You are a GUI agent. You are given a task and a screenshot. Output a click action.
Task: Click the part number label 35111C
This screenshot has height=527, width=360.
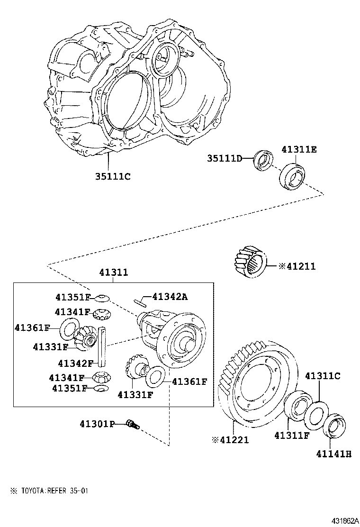[x=112, y=176]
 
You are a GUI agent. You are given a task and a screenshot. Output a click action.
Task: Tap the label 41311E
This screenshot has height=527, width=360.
[x=298, y=150]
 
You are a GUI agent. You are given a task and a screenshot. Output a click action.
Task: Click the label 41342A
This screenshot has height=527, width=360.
[x=170, y=297]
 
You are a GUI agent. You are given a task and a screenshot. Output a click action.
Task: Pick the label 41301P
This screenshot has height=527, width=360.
[x=97, y=424]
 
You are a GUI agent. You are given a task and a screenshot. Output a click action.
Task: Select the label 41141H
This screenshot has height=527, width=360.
[x=334, y=454]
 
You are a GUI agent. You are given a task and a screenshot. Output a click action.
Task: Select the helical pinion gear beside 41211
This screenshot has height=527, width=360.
[x=251, y=262]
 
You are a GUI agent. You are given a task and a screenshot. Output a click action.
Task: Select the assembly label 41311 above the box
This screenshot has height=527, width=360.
[x=113, y=273]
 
